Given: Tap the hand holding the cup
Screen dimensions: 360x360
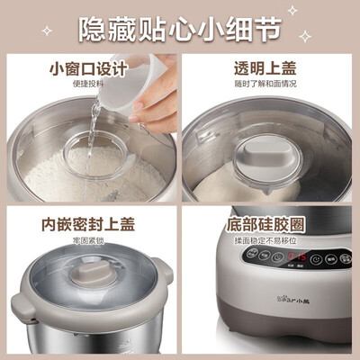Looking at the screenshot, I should (157, 94).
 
